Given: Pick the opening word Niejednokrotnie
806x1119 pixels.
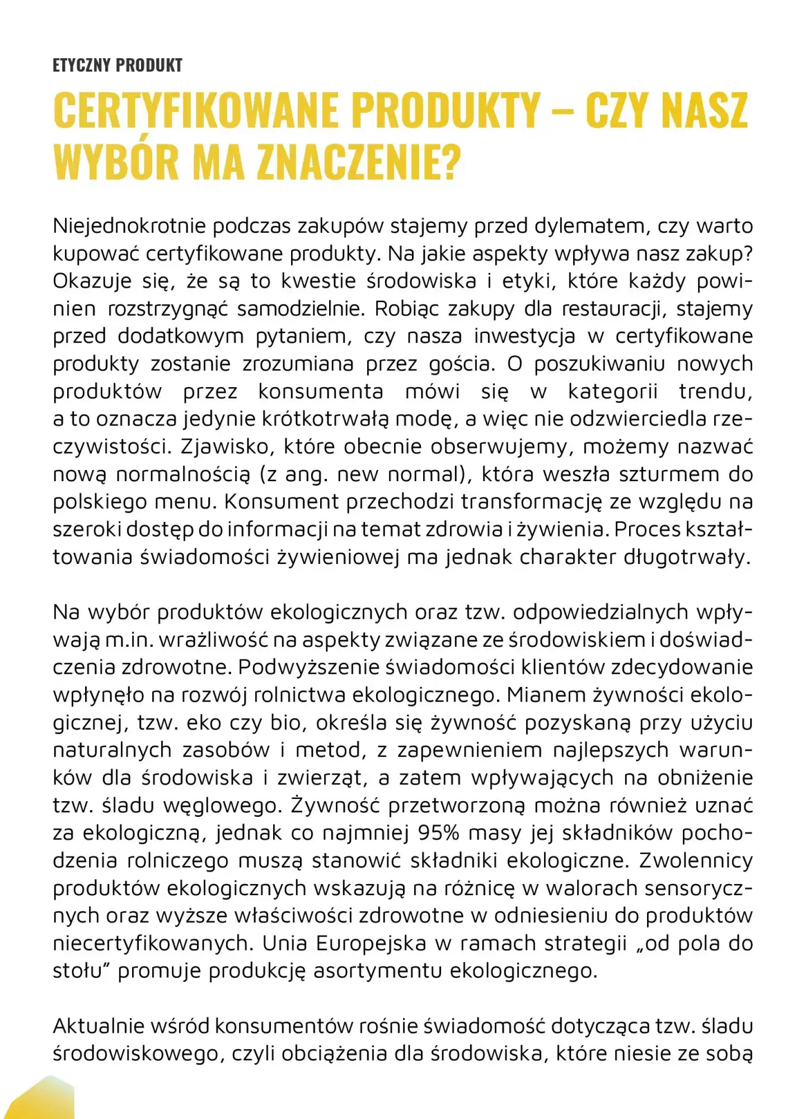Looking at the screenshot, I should (x=129, y=226).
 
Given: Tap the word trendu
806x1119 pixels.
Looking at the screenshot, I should (x=715, y=392).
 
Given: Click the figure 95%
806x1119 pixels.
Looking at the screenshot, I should (x=439, y=833).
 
